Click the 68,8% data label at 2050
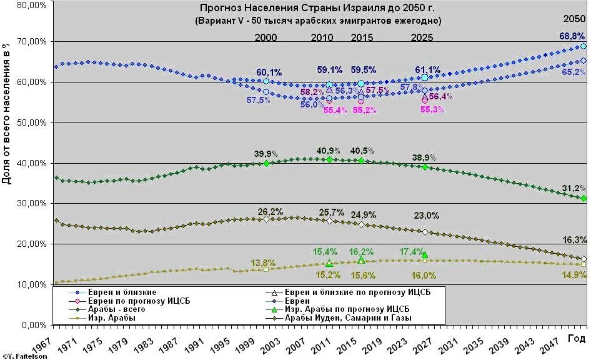coord(572,36)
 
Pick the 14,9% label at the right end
coord(575,275)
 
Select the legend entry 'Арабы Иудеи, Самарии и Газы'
coord(350,317)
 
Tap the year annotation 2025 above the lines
coord(422,37)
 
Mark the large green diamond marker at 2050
coord(584,198)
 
